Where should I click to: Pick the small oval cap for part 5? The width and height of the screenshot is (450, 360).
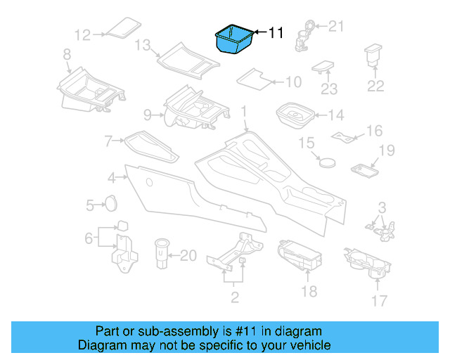110,203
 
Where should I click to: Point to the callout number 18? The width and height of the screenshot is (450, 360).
309,291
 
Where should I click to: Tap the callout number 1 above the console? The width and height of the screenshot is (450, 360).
244,112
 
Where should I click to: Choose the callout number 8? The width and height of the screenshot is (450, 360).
67,54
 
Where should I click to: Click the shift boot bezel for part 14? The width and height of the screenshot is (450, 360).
295,115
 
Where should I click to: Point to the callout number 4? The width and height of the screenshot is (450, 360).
112,176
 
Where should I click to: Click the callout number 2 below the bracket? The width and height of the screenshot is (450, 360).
235,297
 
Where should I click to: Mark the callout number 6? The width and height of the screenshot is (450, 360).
89,238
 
